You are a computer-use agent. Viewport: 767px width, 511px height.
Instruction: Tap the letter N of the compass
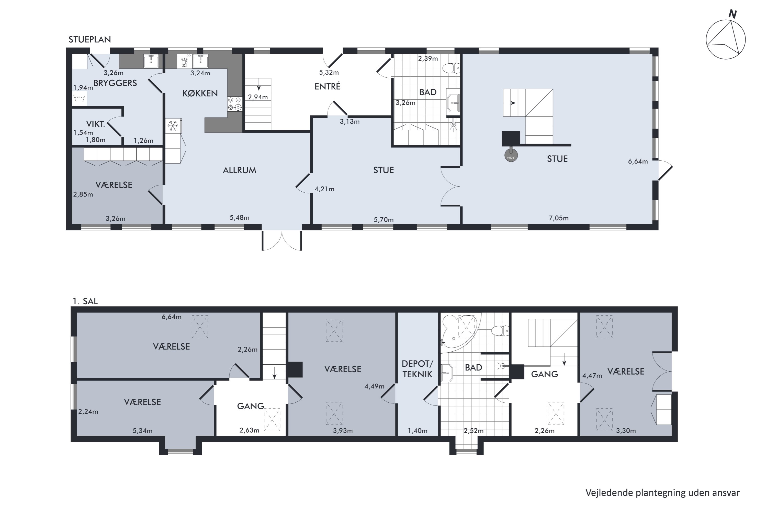[732, 14]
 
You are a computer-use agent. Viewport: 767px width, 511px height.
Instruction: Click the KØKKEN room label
[200, 94]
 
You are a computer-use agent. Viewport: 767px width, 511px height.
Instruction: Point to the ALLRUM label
[239, 170]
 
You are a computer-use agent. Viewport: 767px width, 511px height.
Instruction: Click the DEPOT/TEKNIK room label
[418, 369]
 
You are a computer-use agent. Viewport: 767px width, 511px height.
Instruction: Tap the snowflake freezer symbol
[173, 126]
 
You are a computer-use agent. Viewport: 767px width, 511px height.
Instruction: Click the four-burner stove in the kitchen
[235, 104]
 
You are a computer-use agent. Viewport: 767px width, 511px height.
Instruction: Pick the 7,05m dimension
[559, 218]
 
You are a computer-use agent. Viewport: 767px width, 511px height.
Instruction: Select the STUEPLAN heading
[90, 39]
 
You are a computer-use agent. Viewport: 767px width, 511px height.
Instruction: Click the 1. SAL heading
[85, 301]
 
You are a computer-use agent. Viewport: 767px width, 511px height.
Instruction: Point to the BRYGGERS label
[115, 83]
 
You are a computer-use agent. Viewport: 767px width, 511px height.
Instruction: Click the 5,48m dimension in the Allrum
[239, 217]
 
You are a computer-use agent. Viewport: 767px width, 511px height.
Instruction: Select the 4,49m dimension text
[374, 386]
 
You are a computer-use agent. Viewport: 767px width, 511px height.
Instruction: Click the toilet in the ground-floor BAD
[451, 68]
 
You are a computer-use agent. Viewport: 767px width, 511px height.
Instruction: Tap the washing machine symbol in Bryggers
[79, 98]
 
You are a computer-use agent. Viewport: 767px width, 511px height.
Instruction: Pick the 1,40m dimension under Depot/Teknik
[418, 431]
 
